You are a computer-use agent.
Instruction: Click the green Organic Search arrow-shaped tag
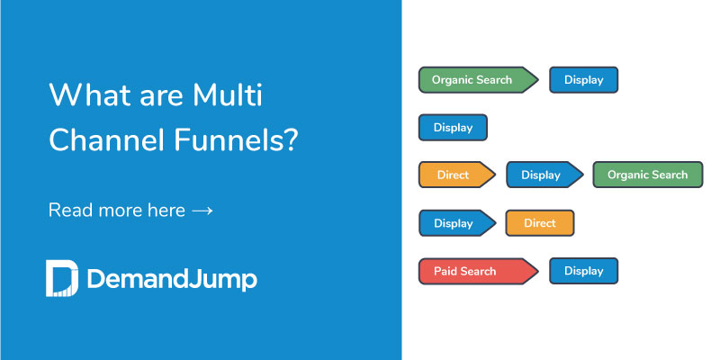click(x=475, y=79)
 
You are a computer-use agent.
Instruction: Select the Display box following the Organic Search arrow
click(x=583, y=79)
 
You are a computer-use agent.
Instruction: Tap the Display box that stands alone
click(x=453, y=127)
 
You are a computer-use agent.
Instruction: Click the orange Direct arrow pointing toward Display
click(x=454, y=175)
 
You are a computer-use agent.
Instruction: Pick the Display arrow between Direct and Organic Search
click(x=542, y=175)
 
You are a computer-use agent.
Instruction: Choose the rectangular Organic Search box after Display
click(x=647, y=175)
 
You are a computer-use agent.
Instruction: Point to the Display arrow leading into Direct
click(x=454, y=222)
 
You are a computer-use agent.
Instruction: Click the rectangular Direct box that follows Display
click(x=540, y=222)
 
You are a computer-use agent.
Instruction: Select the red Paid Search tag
click(x=475, y=271)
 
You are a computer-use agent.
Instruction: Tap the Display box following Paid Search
click(x=583, y=271)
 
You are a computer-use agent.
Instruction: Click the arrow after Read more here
click(x=202, y=211)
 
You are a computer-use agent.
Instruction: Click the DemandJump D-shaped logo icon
click(x=61, y=278)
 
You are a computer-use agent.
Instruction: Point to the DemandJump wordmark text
click(x=172, y=279)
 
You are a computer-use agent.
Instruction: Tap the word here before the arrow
click(x=165, y=211)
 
